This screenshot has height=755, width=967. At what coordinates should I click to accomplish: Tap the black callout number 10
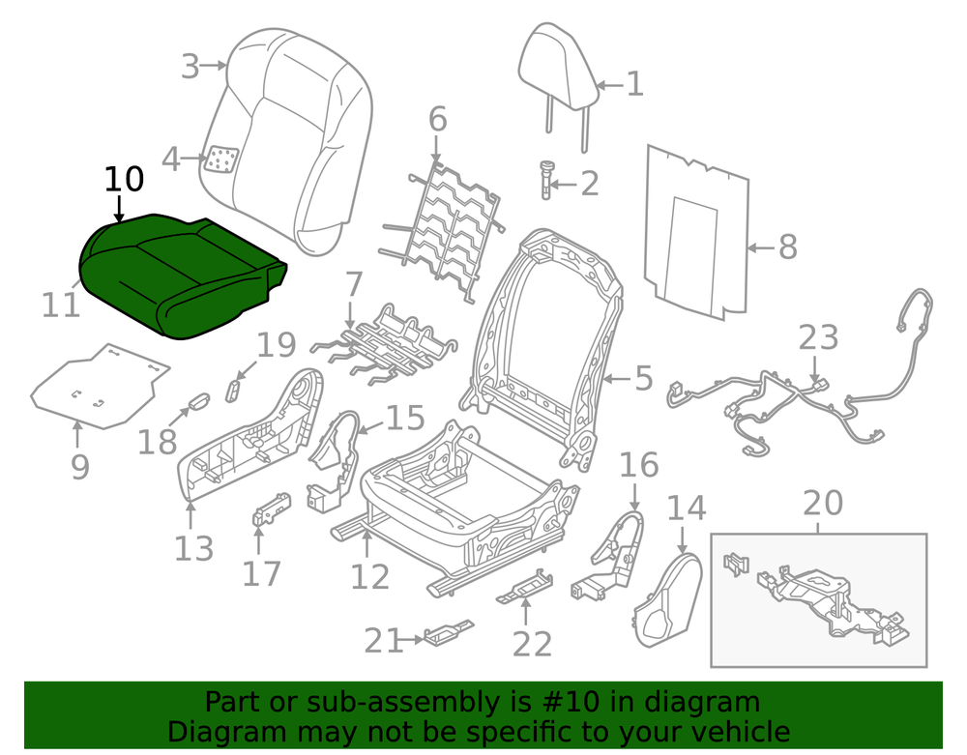(124, 180)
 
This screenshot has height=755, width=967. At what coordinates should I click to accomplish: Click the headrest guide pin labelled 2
(546, 180)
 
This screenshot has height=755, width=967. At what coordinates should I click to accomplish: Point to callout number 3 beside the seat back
(190, 67)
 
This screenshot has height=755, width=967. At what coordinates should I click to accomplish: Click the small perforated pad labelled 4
(222, 159)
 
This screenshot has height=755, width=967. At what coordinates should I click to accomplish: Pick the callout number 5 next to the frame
(643, 378)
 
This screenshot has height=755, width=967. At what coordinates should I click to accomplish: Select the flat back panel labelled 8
(697, 232)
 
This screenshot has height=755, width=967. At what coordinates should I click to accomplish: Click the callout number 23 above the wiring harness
(818, 337)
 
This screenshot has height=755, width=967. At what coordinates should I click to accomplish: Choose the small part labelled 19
(234, 391)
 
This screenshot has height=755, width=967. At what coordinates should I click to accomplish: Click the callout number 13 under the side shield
(193, 548)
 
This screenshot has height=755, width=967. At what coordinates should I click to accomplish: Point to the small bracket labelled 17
(272, 508)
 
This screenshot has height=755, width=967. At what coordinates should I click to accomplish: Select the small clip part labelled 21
(447, 633)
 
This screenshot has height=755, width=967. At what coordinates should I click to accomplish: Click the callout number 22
(532, 645)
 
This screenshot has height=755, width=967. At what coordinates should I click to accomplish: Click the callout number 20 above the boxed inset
(823, 503)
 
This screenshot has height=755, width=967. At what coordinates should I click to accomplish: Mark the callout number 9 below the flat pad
(80, 467)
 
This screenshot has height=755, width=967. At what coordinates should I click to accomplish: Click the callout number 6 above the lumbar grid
(437, 119)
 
